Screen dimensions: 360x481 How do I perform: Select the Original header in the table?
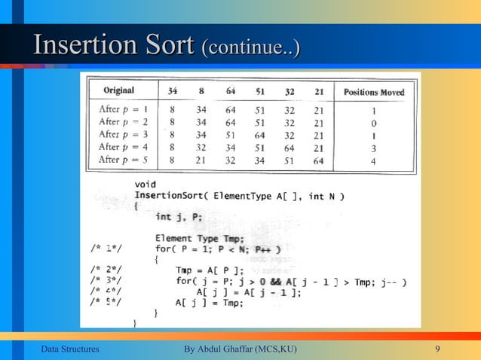[119, 92]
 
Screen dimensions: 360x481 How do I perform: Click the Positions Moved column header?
[374, 93]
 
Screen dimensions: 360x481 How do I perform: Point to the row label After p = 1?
[125, 109]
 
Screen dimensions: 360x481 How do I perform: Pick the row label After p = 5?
[125, 160]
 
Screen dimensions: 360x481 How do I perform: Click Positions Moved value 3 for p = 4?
[373, 148]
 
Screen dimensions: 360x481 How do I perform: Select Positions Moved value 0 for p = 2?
[373, 122]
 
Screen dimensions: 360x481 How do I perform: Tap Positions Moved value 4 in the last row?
[373, 161]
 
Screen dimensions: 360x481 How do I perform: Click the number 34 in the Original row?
[173, 92]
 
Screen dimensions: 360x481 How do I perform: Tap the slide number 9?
[438, 349]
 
